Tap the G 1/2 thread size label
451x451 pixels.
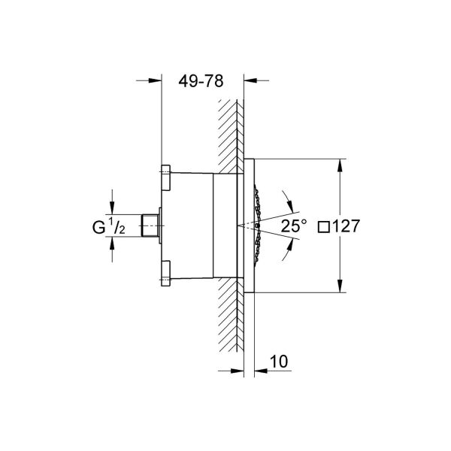pos(108,225)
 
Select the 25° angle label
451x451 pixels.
pos(294,225)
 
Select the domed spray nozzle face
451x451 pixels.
pos(260,224)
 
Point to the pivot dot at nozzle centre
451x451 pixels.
pos(256,225)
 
